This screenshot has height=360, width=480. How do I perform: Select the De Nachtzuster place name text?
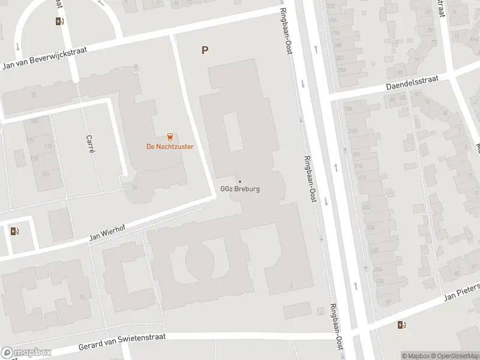coord(170,146)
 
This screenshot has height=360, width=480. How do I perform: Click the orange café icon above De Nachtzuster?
coord(170,136)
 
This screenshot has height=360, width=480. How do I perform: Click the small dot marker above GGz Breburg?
coord(240,182)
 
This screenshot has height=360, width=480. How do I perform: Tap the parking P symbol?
coord(205,50)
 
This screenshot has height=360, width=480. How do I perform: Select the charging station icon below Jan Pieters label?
coord(401,325)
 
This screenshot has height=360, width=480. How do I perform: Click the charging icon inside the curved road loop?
coord(59,22)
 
